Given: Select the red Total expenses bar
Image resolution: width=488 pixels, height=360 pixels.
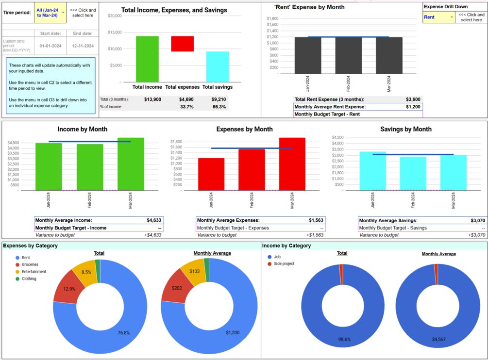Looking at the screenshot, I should [182, 44].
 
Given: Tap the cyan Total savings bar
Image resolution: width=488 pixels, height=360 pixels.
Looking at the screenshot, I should [218, 66].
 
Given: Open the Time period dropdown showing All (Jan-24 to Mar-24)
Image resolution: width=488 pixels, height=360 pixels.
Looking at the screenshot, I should [50, 13].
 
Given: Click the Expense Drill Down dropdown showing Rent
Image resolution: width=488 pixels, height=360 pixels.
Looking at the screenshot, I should [438, 17].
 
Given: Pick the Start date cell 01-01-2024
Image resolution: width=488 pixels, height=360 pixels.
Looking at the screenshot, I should [50, 46].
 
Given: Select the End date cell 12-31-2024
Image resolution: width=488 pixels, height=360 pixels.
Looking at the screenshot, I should [83, 46].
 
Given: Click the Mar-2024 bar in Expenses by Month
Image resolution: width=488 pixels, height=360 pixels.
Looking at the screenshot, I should [292, 164].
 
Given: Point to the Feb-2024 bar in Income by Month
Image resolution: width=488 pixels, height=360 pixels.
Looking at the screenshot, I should [90, 167].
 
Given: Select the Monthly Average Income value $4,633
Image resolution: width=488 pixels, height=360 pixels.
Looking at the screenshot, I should [153, 220].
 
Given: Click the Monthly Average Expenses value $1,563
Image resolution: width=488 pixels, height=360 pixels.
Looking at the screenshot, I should [316, 220].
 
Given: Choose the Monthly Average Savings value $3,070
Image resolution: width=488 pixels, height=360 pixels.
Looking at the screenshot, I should [477, 220].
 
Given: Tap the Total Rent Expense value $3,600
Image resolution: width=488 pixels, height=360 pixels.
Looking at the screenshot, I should [413, 99].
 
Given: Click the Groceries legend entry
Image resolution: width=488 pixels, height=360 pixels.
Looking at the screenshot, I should [30, 265].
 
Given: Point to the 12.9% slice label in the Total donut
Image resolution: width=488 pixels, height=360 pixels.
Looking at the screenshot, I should [69, 289].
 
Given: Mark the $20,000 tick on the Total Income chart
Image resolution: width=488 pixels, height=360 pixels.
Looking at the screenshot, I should [115, 16].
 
